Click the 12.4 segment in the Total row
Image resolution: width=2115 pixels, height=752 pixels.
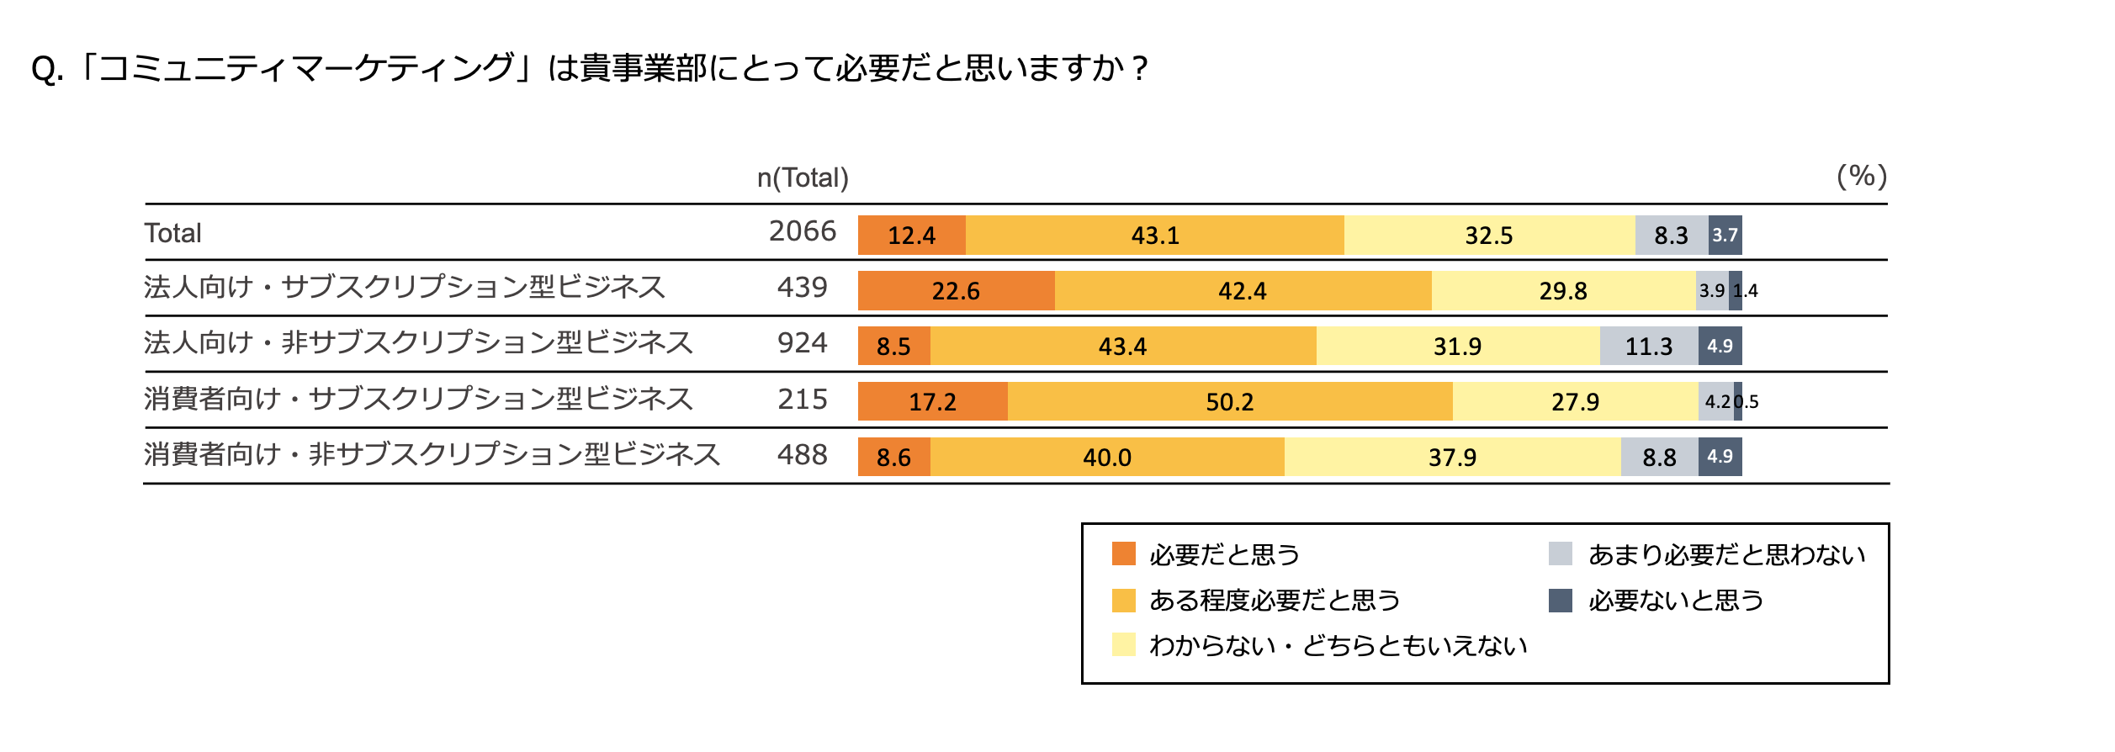click(x=911, y=236)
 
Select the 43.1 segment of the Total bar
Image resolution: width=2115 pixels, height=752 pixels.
click(x=1154, y=236)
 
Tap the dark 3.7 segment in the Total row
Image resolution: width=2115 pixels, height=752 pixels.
click(x=1725, y=236)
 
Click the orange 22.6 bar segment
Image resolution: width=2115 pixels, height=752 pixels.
click(x=956, y=291)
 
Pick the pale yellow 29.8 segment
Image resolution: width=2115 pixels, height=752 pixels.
click(x=1562, y=291)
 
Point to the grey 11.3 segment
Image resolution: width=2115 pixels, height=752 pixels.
click(x=1648, y=347)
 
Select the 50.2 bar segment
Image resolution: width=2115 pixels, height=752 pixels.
click(x=1229, y=402)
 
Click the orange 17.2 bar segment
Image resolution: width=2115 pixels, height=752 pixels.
click(x=932, y=402)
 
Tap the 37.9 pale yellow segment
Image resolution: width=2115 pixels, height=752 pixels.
click(x=1452, y=458)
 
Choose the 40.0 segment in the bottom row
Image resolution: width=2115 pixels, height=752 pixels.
click(x=1106, y=458)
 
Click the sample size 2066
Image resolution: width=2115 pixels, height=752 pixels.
click(x=802, y=231)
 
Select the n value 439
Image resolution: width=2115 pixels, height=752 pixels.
click(x=802, y=288)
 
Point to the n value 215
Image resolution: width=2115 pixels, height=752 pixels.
click(x=802, y=400)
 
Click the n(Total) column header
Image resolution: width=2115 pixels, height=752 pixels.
click(x=802, y=178)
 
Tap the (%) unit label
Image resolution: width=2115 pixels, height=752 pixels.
click(x=1861, y=177)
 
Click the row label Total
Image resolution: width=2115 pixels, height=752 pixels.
click(x=172, y=233)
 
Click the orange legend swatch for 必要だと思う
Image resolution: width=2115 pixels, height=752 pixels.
click(x=1123, y=554)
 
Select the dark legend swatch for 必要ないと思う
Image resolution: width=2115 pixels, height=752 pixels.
click(x=1560, y=601)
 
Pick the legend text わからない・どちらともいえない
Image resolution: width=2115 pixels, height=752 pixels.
click(x=1338, y=646)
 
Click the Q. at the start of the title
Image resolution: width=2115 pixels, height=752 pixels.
click(x=47, y=69)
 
